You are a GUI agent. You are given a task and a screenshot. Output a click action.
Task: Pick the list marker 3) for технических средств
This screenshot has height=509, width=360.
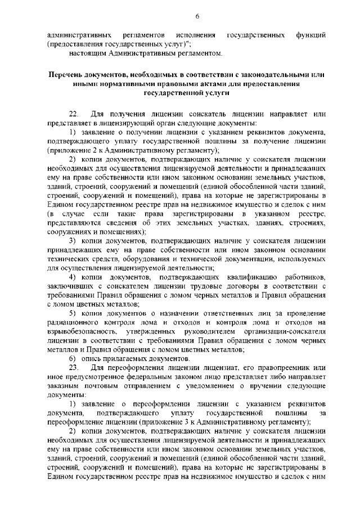[73, 241]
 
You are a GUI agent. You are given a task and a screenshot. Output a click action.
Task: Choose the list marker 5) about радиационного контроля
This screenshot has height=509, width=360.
[73, 313]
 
